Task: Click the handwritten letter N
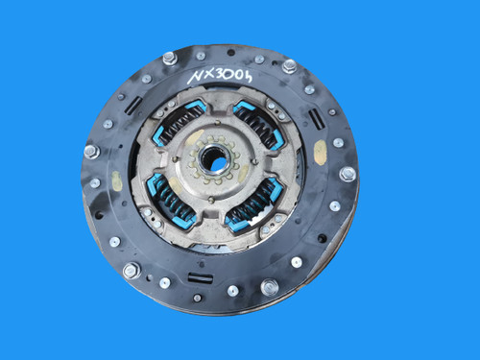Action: point(195,77)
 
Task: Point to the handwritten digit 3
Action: point(222,75)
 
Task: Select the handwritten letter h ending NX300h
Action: point(247,76)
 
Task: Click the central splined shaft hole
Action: point(213,157)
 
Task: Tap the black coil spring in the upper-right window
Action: point(258,125)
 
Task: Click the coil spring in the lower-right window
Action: point(252,205)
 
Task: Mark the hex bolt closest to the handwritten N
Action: point(169,59)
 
